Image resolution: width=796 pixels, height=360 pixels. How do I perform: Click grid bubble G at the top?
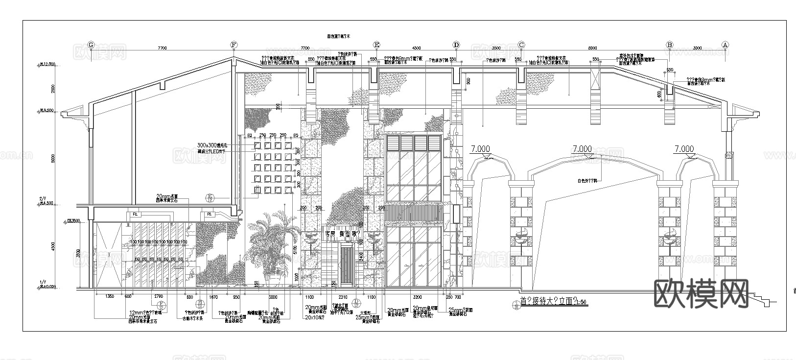click(x=91, y=45)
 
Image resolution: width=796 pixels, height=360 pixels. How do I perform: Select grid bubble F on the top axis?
click(x=234, y=45)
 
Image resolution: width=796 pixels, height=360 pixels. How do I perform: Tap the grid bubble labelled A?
click(x=726, y=45)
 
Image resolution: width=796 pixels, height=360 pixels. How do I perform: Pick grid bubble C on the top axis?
click(x=521, y=45)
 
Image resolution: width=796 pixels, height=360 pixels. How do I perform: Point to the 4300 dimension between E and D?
click(x=416, y=48)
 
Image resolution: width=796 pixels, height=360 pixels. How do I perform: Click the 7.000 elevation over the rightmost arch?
click(x=684, y=149)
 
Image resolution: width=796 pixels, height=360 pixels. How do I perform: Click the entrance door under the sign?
click(x=347, y=265)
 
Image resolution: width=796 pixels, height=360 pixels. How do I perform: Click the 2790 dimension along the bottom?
click(x=158, y=297)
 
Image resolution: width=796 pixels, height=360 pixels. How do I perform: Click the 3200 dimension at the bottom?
click(x=417, y=297)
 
